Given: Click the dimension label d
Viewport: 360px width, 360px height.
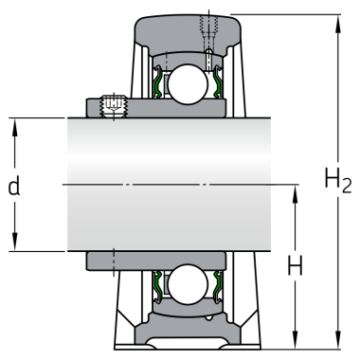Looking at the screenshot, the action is (14, 186).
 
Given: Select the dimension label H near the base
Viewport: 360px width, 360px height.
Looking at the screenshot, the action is (295, 265).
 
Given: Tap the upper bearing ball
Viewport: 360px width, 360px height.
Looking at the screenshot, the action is (188, 84).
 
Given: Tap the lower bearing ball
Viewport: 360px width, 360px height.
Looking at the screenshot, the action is (188, 284).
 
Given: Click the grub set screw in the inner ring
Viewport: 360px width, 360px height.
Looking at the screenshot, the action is (114, 106).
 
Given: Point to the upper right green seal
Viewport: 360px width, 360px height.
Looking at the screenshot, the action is (217, 81).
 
